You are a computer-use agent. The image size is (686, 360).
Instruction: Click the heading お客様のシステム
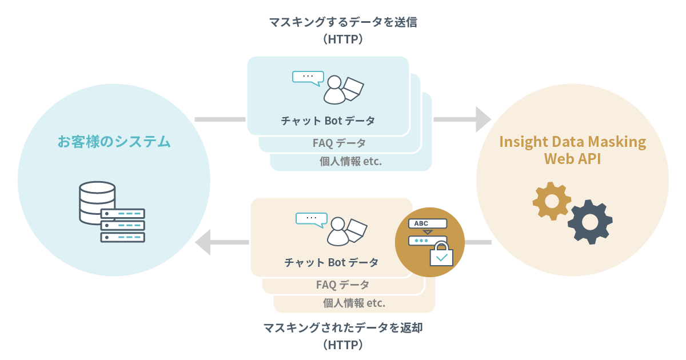pyautogui.click(x=114, y=142)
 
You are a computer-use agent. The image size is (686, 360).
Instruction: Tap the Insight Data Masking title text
pyautogui.click(x=573, y=142)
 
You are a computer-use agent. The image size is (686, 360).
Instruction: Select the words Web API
pyautogui.click(x=572, y=159)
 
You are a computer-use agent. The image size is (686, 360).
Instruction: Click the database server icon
pyautogui.click(x=112, y=212)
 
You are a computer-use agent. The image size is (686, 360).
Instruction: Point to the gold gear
pyautogui.click(x=552, y=201)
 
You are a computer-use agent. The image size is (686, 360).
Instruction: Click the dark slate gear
pyautogui.click(x=590, y=222)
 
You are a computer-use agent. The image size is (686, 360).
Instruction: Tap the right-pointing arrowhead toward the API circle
pyautogui.click(x=483, y=119)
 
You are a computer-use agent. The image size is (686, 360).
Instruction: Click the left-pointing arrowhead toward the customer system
pyautogui.click(x=203, y=242)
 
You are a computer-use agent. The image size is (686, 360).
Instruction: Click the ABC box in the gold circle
pyautogui.click(x=428, y=223)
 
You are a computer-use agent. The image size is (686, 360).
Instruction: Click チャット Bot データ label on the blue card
pyautogui.click(x=328, y=121)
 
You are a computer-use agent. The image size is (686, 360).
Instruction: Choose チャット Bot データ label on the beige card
pyautogui.click(x=332, y=262)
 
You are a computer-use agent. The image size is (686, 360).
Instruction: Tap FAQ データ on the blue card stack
pyautogui.click(x=339, y=143)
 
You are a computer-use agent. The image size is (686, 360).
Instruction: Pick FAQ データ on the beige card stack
pyautogui.click(x=342, y=285)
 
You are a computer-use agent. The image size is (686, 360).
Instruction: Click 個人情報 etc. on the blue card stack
pyautogui.click(x=350, y=161)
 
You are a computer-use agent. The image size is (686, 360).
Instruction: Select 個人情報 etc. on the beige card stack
pyautogui.click(x=354, y=303)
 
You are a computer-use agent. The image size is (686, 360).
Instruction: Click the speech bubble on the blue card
pyautogui.click(x=308, y=78)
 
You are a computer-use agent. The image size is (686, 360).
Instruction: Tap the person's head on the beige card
pyautogui.click(x=338, y=224)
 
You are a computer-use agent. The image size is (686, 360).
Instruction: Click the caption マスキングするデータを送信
pyautogui.click(x=343, y=22)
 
